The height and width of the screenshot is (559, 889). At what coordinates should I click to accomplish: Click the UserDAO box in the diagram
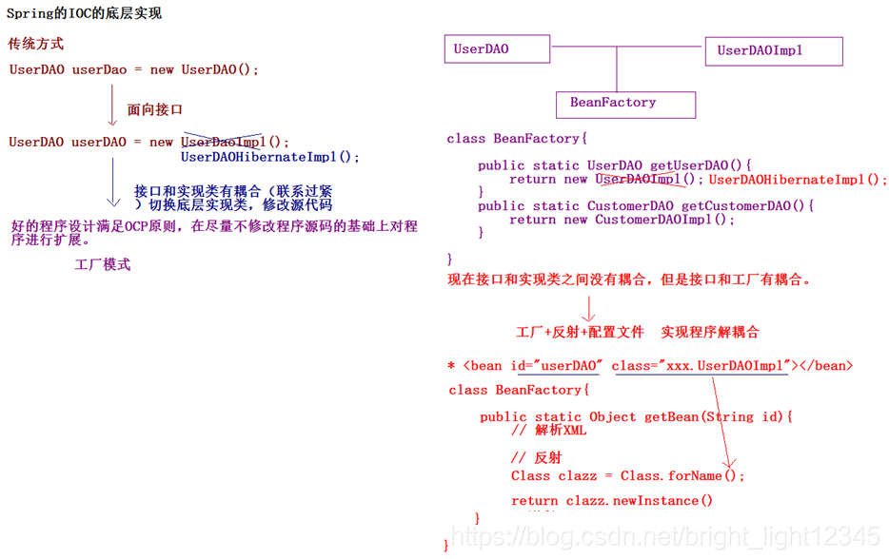tap(497, 49)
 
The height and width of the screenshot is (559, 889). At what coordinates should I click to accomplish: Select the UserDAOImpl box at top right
tap(773, 51)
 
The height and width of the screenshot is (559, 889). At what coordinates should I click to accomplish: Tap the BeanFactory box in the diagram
tap(625, 104)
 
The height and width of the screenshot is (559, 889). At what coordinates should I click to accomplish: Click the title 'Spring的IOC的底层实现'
tap(84, 13)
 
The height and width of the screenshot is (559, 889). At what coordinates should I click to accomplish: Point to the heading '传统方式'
tap(36, 44)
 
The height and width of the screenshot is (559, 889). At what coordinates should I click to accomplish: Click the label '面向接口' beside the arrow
tap(155, 109)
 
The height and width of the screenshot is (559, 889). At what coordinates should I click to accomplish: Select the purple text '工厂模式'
tap(103, 264)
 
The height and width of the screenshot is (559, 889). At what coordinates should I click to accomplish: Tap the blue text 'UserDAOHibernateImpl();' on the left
tap(270, 157)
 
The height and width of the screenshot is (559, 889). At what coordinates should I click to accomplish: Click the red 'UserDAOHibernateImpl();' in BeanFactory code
tap(798, 179)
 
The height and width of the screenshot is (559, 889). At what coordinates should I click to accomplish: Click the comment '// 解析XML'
tap(548, 430)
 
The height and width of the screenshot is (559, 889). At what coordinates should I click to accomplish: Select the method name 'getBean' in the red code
tap(672, 416)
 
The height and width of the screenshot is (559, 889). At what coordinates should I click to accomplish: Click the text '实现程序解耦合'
tap(710, 333)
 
